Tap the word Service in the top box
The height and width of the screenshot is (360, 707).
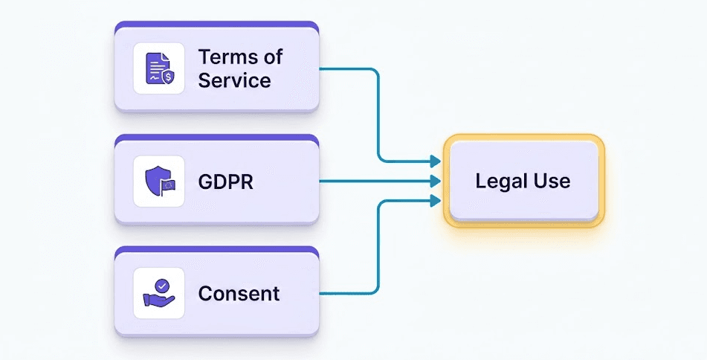(234, 80)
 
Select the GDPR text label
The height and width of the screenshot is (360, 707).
(226, 181)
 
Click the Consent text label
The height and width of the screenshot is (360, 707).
(239, 293)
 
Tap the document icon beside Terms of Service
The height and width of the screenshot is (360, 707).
(157, 68)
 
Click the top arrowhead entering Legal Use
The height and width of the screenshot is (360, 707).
(434, 161)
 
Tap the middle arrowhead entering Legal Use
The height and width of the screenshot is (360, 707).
(434, 180)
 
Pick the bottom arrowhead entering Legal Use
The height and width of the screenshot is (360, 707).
(434, 199)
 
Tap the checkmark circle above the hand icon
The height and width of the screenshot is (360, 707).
(162, 285)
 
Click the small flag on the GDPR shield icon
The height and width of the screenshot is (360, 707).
(169, 186)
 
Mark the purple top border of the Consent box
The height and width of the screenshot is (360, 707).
(216, 250)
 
